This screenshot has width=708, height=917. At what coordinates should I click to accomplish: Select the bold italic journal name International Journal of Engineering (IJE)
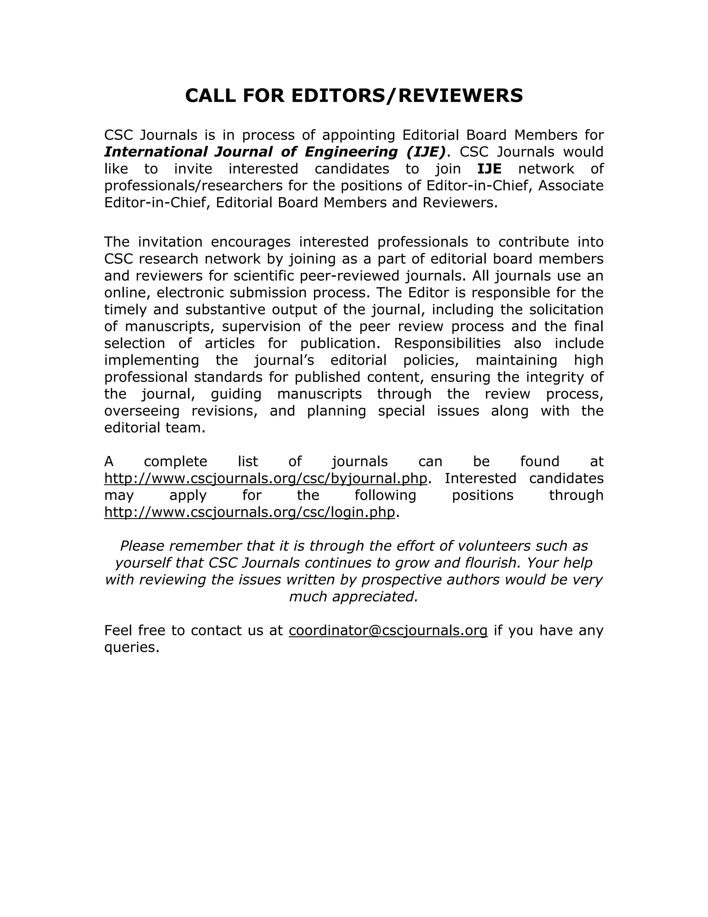coord(275,152)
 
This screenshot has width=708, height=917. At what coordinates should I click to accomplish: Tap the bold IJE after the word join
coord(489,169)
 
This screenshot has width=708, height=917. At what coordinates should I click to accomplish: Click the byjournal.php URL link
coord(265,478)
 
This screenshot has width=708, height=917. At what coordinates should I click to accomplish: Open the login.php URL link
coord(250,512)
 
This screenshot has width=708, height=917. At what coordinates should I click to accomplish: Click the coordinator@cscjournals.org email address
coord(388,630)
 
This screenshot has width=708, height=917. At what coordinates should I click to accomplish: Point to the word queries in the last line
coord(131,647)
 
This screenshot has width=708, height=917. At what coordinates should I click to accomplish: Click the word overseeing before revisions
coord(142,411)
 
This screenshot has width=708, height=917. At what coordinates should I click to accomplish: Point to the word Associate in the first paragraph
coord(570,185)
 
